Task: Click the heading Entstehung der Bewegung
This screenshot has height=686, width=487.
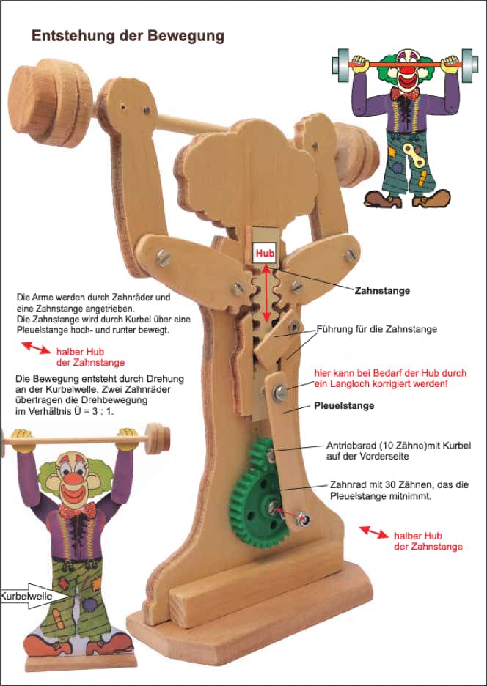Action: pyautogui.click(x=128, y=36)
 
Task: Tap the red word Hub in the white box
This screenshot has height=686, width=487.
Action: pyautogui.click(x=264, y=253)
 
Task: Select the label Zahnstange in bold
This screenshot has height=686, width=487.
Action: pyautogui.click(x=382, y=290)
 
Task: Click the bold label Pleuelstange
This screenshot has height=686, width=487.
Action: pyautogui.click(x=344, y=405)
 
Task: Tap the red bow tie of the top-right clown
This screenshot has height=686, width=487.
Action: pyautogui.click(x=405, y=93)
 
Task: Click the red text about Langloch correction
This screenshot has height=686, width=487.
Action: pyautogui.click(x=390, y=378)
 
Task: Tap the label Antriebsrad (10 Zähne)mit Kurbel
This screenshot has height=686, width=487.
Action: pyautogui.click(x=399, y=451)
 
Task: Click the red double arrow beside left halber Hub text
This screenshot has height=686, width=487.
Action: pyautogui.click(x=34, y=348)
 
